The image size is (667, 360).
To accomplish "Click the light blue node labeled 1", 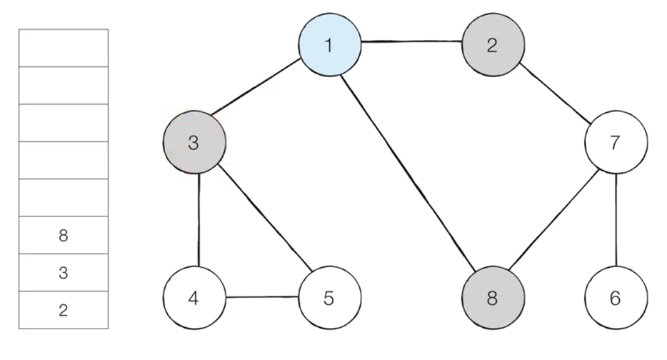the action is [330, 45].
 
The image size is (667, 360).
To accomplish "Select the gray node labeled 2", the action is [493, 45].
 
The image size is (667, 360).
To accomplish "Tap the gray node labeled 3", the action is [194, 142].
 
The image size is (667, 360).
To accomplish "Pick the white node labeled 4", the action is [194, 297].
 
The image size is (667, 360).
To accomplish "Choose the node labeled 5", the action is [330, 297].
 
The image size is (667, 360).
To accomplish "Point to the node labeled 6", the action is [616, 297].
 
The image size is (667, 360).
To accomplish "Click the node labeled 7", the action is [616, 142].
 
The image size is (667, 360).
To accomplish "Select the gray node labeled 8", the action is [493, 297].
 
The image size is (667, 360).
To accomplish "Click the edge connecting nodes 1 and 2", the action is [411, 41].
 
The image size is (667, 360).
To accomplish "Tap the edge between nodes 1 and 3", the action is [256, 87].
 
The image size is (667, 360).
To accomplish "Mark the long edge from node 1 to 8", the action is [408, 173].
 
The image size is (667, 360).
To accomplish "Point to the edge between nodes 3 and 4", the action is [199, 220].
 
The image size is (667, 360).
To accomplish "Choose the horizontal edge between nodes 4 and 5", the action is [262, 296].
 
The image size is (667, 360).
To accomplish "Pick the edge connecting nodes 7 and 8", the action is [553, 219].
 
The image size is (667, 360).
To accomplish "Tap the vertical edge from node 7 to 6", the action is [616, 220].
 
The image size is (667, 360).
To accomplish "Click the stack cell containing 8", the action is [64, 235].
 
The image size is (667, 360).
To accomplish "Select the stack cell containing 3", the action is [64, 272].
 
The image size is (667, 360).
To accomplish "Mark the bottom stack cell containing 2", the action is [64, 310].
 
